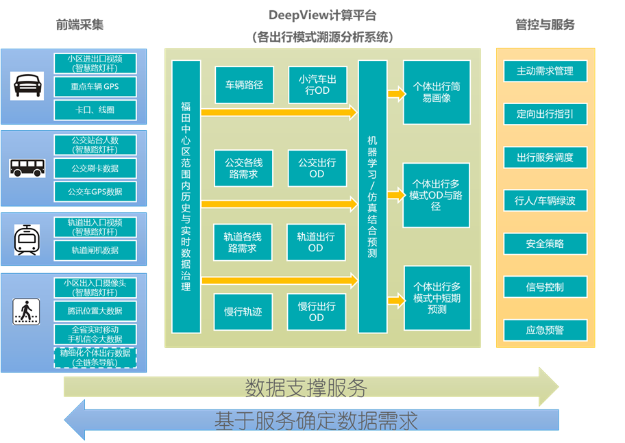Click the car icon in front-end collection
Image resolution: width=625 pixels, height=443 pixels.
[27, 86]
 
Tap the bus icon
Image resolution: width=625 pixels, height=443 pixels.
[27, 168]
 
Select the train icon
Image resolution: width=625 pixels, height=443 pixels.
[27, 240]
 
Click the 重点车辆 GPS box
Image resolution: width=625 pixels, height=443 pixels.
[95, 87]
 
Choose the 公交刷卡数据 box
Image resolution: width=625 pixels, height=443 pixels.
[95, 168]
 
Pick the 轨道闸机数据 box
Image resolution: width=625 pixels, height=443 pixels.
[95, 251]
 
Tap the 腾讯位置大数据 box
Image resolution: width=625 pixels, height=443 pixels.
[95, 311]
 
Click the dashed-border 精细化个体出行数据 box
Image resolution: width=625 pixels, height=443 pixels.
[95, 357]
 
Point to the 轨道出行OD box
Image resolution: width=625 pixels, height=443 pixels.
[316, 242]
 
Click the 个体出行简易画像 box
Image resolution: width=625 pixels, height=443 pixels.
[437, 92]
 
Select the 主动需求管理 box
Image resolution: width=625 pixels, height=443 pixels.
[545, 71]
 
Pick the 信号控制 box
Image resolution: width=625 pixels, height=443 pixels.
[545, 288]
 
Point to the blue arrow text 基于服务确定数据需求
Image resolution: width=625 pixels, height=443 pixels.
[316, 420]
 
